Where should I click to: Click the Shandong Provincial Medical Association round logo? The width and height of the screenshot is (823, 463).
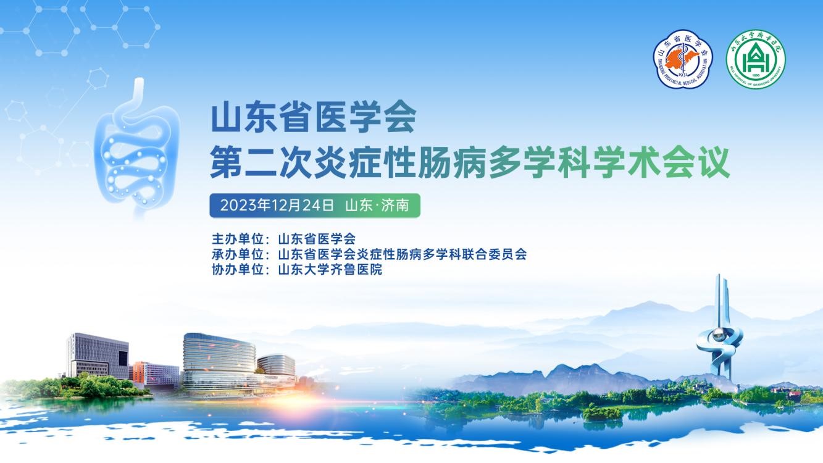pyautogui.click(x=683, y=60)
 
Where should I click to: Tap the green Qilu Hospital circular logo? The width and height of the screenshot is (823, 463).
pyautogui.click(x=754, y=60)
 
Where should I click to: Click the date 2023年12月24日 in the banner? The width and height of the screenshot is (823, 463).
pyautogui.click(x=277, y=206)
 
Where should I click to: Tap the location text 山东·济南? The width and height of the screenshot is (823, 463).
pyautogui.click(x=377, y=206)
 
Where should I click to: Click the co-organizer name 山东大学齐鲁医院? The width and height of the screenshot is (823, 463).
pyautogui.click(x=330, y=270)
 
